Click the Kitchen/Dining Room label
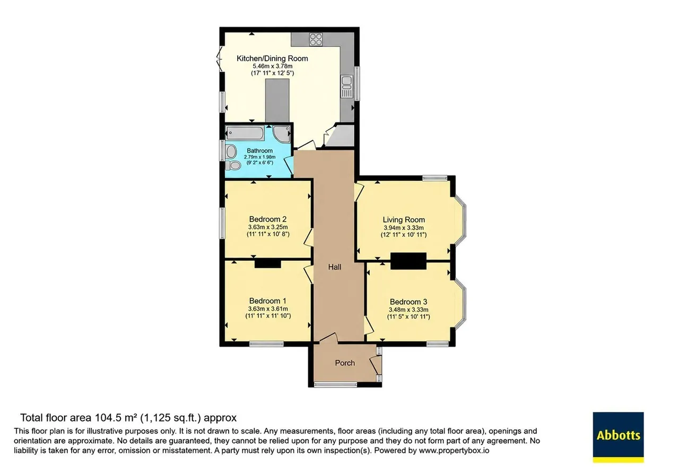point(272,58)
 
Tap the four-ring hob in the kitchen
point(316,39)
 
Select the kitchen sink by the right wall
point(347,86)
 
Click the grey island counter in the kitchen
point(277,101)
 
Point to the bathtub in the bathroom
point(245,133)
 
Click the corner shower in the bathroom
point(282,134)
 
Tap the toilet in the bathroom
point(233,165)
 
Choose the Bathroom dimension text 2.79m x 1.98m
point(260,157)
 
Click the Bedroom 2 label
point(268,219)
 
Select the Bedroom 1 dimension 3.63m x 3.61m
point(268,309)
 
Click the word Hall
point(335,267)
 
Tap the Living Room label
point(404,219)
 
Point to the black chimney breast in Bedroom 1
point(268,263)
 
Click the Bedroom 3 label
point(408,302)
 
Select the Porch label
point(345,363)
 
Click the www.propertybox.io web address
point(454,451)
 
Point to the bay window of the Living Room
point(461,221)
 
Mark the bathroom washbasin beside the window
point(231,152)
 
